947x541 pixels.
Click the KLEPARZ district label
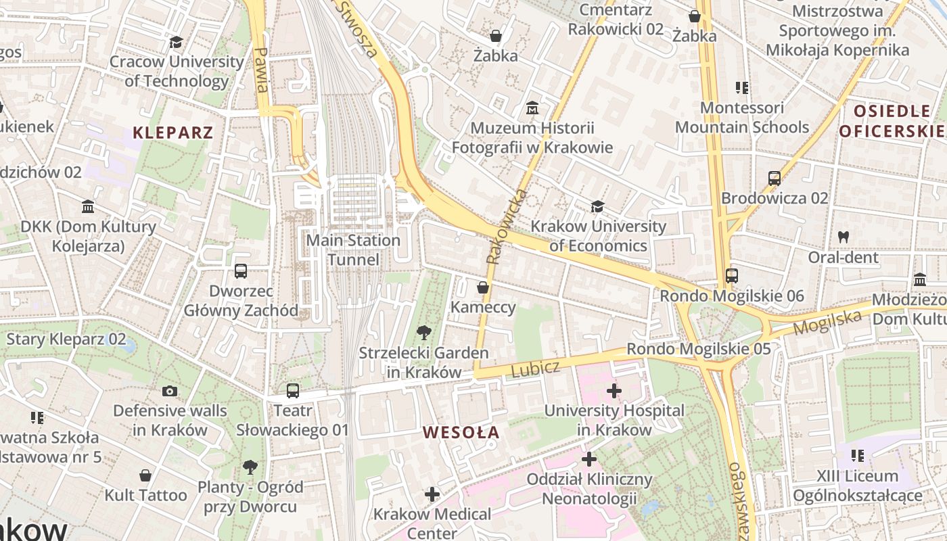coord(173,133)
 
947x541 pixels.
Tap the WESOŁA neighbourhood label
coord(461,432)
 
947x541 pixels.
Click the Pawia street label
coord(262,70)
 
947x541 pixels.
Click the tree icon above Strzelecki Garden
coord(424,332)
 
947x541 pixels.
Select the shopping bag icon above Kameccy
coord(483,287)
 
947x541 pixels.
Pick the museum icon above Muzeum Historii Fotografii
coord(532,108)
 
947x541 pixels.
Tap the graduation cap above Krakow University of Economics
coord(597,206)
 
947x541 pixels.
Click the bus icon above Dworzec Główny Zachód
coord(241,271)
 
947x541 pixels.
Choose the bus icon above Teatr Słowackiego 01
coord(293,390)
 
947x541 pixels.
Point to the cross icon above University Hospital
coord(614,390)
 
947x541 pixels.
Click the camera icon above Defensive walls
coord(170,391)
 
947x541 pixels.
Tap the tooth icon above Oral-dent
coord(843,237)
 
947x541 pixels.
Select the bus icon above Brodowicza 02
coord(775,179)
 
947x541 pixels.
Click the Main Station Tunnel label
coord(353,250)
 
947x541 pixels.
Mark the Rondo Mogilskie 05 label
coord(699,349)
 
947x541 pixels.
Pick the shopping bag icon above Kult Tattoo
coord(145,475)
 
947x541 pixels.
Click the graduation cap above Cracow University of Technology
coord(177,42)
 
